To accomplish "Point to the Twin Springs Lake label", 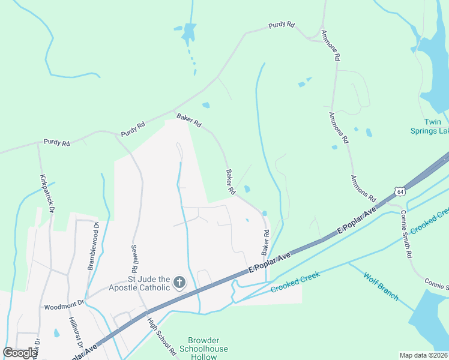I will point(429,126).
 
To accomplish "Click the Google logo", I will point(20,353).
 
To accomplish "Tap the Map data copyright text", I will point(423,355).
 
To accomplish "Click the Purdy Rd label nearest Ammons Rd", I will point(282,25).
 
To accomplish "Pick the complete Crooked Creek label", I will point(295,282).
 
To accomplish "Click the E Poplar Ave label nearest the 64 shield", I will point(357,221).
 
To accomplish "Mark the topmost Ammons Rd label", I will point(331,46).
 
